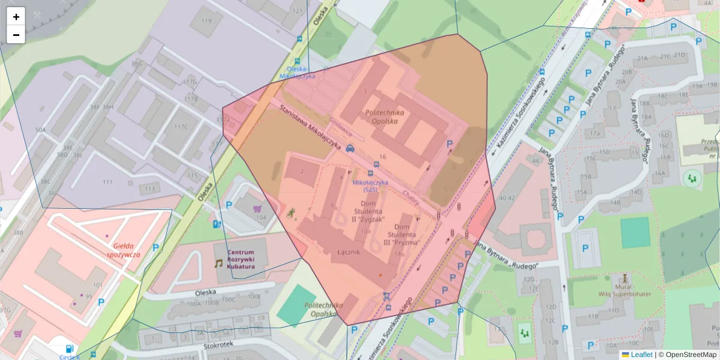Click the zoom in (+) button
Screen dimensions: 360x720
(16, 17)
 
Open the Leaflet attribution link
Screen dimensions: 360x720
(641, 355)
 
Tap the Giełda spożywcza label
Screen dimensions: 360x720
(127, 250)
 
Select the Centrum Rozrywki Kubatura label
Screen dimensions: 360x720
(241, 259)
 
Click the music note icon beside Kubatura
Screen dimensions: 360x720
(218, 263)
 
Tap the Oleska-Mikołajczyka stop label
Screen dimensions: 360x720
(298, 73)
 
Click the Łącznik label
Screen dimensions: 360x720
(348, 252)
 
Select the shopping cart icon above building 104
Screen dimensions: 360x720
(258, 209)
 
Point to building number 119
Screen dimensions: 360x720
(207, 21)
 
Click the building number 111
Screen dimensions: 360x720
(107, 182)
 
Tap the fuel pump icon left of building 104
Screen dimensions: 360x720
(217, 224)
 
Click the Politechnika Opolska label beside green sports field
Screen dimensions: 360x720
(324, 309)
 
